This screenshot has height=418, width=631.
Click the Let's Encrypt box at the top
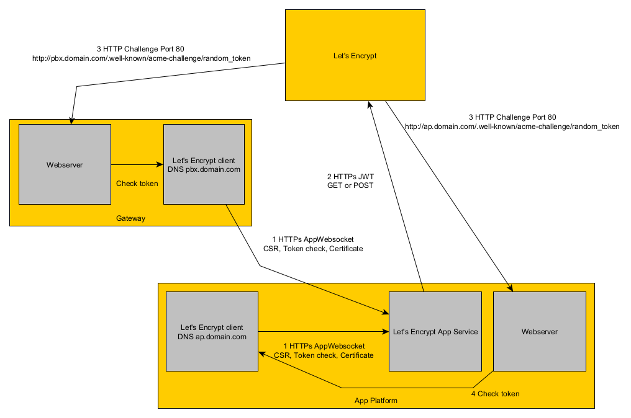coord(355,55)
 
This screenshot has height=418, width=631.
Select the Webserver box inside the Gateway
coord(65,164)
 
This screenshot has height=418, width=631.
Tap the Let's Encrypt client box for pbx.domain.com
coord(203,164)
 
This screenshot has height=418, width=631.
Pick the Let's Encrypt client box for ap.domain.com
coord(212,332)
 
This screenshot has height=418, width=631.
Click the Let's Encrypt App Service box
coord(435,332)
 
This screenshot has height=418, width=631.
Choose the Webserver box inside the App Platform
coord(539,332)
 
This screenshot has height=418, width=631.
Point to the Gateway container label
coord(130,218)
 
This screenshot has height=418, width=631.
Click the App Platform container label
coord(376,401)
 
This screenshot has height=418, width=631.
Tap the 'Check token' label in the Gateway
coord(137,183)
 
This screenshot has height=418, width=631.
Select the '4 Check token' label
coord(494,393)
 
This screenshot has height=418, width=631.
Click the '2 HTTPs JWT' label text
coord(350,176)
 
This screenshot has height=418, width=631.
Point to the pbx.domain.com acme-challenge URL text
coord(141,58)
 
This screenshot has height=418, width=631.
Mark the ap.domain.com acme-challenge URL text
coord(512,126)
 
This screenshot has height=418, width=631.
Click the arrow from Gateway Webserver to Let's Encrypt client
coord(137,164)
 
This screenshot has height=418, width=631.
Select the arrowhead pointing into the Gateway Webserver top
coord(73,120)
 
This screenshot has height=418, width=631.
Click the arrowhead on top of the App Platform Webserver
coord(511,288)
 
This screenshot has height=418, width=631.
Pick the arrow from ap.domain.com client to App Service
coord(323,331)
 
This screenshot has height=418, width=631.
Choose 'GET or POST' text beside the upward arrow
coord(350,185)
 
